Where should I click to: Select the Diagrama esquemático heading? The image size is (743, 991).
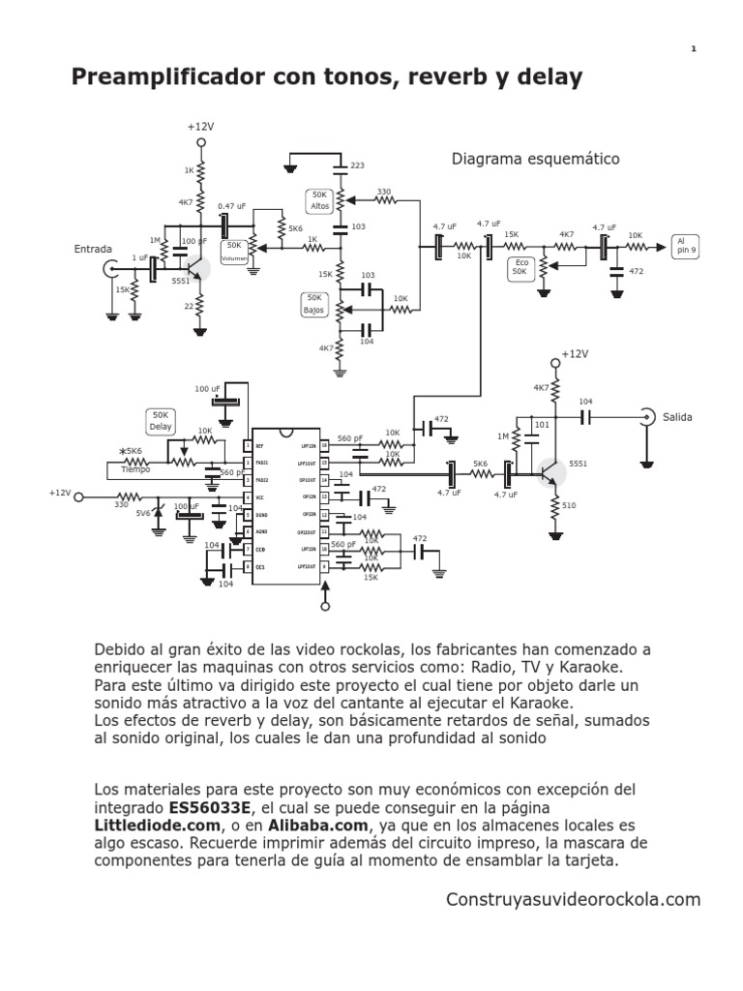535,159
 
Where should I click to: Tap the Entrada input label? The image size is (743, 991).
93,249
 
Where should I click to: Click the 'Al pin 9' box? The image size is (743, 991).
687,246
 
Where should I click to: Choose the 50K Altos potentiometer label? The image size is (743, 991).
319,200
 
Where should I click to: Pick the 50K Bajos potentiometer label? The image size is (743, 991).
314,304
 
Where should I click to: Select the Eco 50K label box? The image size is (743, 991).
520,267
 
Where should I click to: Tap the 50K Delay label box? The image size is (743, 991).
160,421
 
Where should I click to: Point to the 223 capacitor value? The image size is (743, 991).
357,166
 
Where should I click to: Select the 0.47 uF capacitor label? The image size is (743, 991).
232,205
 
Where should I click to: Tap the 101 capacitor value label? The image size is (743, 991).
541,424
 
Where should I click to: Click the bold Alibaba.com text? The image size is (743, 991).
324,826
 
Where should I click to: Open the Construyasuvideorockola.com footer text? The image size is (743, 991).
572,899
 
